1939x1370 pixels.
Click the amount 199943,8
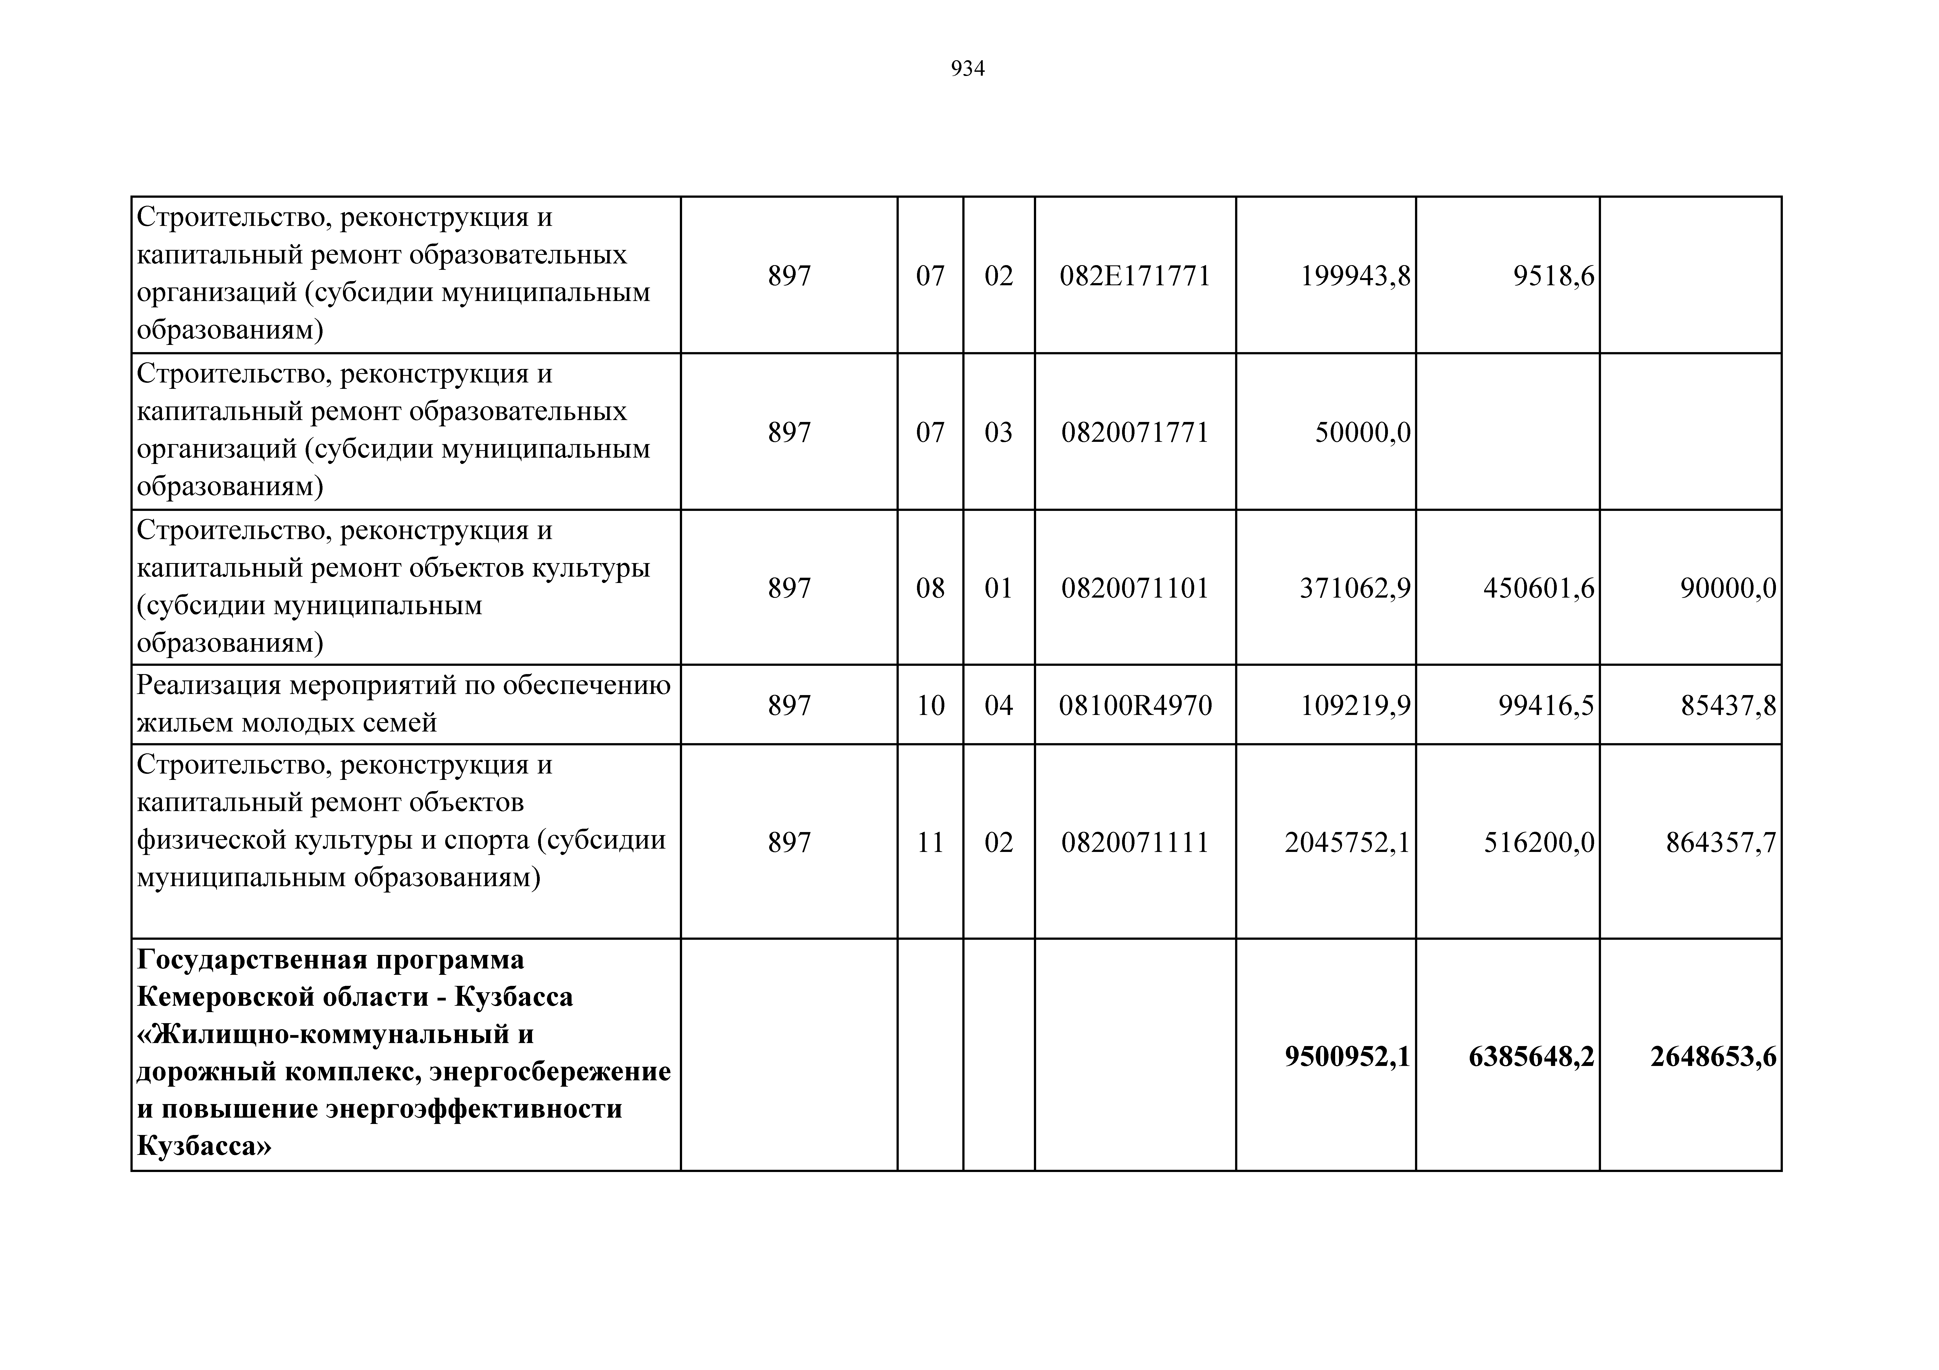[1354, 276]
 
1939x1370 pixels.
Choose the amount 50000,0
[1362, 432]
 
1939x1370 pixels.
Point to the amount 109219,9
[1354, 705]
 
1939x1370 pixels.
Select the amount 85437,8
[1728, 705]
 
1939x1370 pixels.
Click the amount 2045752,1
[1347, 843]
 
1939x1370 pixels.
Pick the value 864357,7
[1720, 843]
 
